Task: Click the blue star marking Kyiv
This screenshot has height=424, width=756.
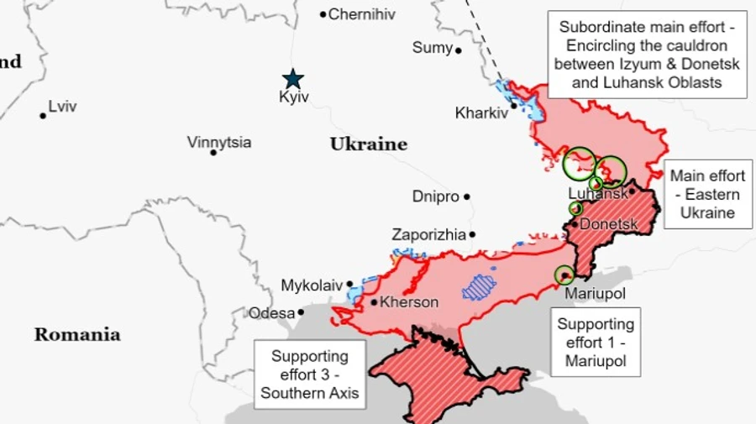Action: point(292,79)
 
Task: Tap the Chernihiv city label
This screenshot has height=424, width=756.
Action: point(361,14)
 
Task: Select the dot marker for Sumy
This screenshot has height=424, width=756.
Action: point(459,50)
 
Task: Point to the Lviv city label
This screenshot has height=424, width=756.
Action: point(63,107)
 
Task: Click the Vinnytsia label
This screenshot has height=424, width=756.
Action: point(219,142)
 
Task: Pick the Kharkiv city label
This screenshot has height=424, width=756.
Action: point(481,113)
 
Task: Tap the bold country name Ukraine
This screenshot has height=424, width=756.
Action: point(368,144)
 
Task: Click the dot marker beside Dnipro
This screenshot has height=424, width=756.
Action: point(467,196)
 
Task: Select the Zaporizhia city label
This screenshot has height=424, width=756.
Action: point(428,235)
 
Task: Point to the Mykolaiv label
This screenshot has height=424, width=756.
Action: point(312,285)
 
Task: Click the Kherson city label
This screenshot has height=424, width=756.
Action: point(409,302)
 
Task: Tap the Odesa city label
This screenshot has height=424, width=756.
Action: point(271,313)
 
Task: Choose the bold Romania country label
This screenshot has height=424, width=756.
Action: point(77,334)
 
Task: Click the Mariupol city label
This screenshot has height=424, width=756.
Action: point(595,294)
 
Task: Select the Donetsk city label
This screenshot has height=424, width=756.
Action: point(609,224)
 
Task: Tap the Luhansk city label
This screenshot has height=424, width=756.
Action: point(597,193)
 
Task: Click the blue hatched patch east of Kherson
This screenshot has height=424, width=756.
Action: point(480,287)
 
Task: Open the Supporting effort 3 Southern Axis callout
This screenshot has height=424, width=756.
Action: point(310,374)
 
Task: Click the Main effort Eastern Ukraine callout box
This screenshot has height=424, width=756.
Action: point(706,194)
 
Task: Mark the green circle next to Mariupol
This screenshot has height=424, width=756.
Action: point(564,274)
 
